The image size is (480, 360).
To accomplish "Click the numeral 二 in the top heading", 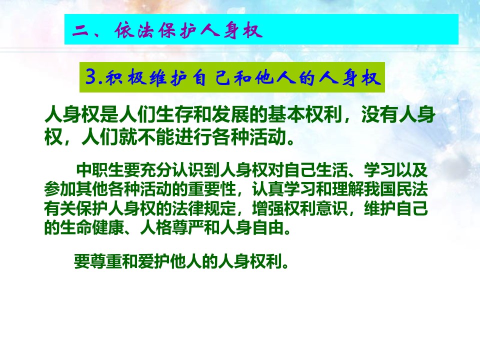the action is tap(80, 30).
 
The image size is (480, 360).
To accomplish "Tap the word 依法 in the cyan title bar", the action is tap(134, 30).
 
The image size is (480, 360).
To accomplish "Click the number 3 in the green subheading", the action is tap(91, 77).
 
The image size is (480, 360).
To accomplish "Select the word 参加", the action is tap(60, 189).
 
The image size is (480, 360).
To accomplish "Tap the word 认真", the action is tap(268, 189).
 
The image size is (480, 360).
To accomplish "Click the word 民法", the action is tap(411, 189).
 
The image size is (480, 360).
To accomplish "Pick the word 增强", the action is tap(268, 208).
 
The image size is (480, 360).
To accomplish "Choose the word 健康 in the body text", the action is tap(108, 227).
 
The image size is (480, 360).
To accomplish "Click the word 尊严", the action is tap(188, 227).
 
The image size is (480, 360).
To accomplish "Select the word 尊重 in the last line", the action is tap(106, 261).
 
